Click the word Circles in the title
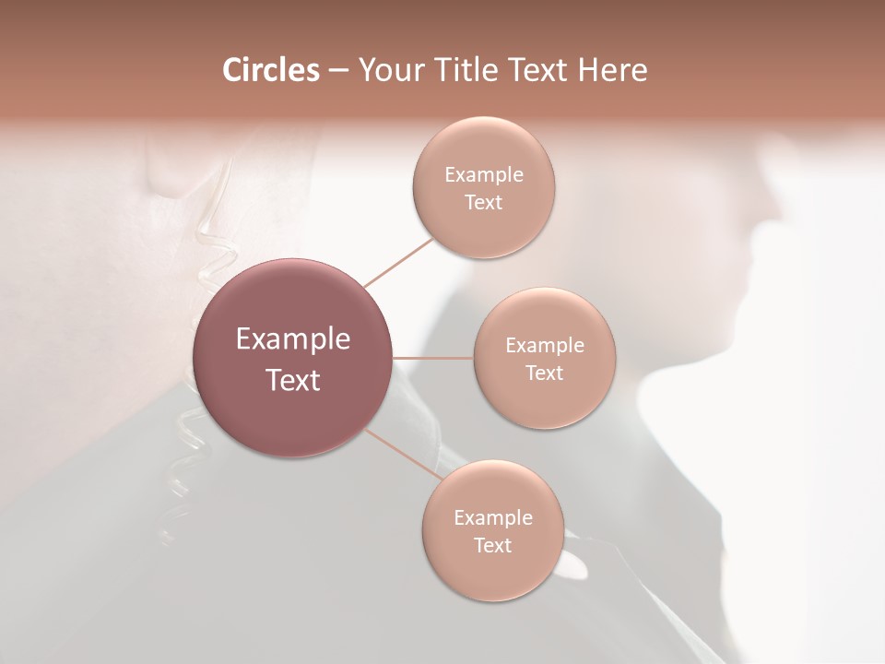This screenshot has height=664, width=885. coord(270,70)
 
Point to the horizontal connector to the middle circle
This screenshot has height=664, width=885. coord(432,357)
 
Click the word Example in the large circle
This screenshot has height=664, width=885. coord(293,339)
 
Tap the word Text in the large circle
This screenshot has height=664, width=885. coord(293,380)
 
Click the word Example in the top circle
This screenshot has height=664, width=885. coord(483,175)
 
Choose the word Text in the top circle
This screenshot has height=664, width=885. coord(483,203)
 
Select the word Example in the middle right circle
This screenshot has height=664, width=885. coord(544,346)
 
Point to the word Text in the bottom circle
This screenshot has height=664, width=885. coord(492,545)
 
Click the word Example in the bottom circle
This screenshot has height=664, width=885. coord(492,518)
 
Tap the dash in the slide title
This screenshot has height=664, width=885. coord(337,71)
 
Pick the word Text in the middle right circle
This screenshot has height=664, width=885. coord(544,373)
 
